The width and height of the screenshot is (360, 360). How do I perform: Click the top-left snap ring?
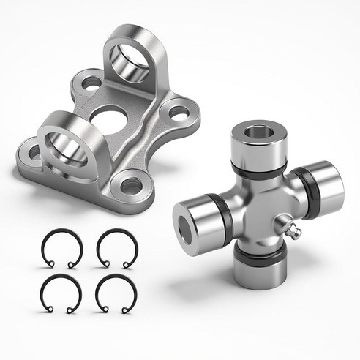62,248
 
